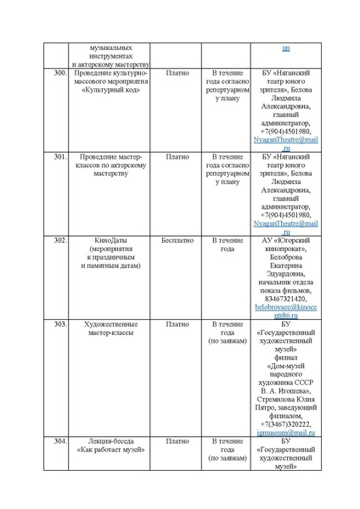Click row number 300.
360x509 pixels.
click(x=59, y=74)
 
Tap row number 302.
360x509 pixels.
click(x=59, y=240)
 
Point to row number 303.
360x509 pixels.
click(x=59, y=324)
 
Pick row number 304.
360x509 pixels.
click(x=59, y=441)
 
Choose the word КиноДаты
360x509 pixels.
click(x=110, y=240)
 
